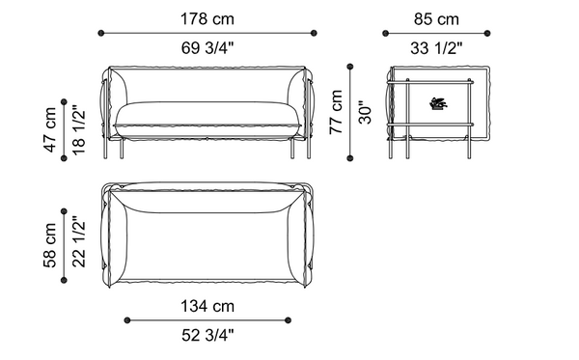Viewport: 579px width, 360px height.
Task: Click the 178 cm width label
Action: (210, 18)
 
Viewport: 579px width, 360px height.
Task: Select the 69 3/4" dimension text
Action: (210, 48)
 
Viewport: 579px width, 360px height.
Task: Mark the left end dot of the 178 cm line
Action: (103, 34)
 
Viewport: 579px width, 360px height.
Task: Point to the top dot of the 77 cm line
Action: (351, 67)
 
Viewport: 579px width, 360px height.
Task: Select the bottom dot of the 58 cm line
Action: (65, 281)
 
